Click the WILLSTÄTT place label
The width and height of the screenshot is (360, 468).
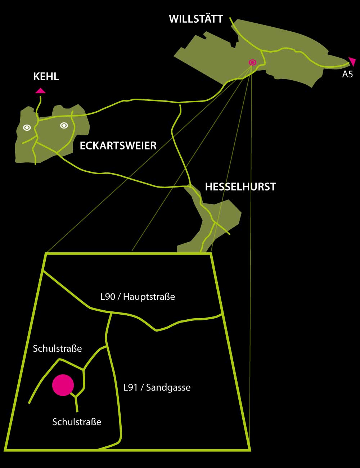pos(196,19)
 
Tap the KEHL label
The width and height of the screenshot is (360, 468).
pos(46,77)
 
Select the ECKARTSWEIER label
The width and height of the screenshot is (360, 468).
pos(118,146)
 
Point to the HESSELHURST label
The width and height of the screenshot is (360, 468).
pos(240,187)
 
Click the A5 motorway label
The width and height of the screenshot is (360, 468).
pos(347,75)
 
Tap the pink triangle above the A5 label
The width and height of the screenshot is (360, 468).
pos(352,61)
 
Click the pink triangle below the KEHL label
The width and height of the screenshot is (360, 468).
pos(40,91)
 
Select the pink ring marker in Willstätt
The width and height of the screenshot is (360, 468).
pos(252,62)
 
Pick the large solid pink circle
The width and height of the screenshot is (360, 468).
pos(63,385)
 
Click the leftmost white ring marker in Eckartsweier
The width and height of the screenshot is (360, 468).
pos(27,127)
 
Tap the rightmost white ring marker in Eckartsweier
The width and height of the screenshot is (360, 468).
pos(64,125)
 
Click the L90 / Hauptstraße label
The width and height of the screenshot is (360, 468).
pos(137,297)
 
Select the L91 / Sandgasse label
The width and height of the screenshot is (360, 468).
pos(157,388)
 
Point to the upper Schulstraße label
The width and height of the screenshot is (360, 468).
pos(57,349)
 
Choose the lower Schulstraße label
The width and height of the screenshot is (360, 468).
pos(77,422)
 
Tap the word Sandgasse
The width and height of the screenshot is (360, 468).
pos(168,388)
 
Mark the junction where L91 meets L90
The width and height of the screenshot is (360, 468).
pos(111,314)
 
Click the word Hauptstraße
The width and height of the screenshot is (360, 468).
pos(149,297)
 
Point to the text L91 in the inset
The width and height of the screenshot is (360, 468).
pos(130,388)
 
